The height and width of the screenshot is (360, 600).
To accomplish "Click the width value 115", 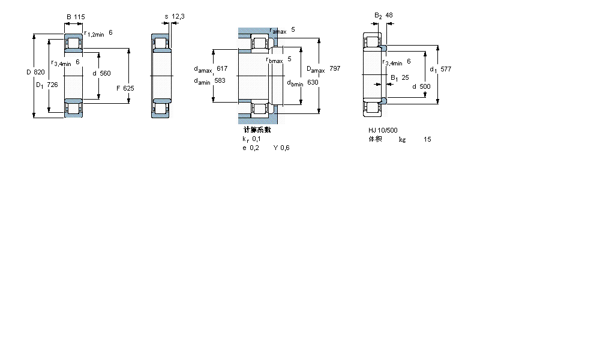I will coord(79,16).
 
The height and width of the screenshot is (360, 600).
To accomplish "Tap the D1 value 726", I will coord(52,85).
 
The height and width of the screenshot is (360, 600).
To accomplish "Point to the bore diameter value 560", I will coord(105,73).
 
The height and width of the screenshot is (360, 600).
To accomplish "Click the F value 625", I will coord(128,88).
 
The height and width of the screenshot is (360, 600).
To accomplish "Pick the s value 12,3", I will coord(178,16).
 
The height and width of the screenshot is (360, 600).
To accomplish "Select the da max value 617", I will coord(222,68).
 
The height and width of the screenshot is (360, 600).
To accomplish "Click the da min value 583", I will coord(220,81).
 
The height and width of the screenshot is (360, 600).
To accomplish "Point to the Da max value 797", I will coord(335,69).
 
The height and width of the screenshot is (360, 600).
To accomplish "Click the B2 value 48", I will coord(389,15).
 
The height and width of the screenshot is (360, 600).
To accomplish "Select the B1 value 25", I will coord(405,77).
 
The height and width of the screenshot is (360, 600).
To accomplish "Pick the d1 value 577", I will coord(446,69).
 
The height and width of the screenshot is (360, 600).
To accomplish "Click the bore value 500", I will coord(425,86).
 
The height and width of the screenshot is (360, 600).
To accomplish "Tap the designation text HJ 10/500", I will coord(383,130).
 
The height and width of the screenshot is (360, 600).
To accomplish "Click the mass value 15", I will coord(427,139).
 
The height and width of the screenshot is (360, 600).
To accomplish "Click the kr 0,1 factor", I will coord(251,139).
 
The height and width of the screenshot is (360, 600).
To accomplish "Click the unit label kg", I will coord(402,139).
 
